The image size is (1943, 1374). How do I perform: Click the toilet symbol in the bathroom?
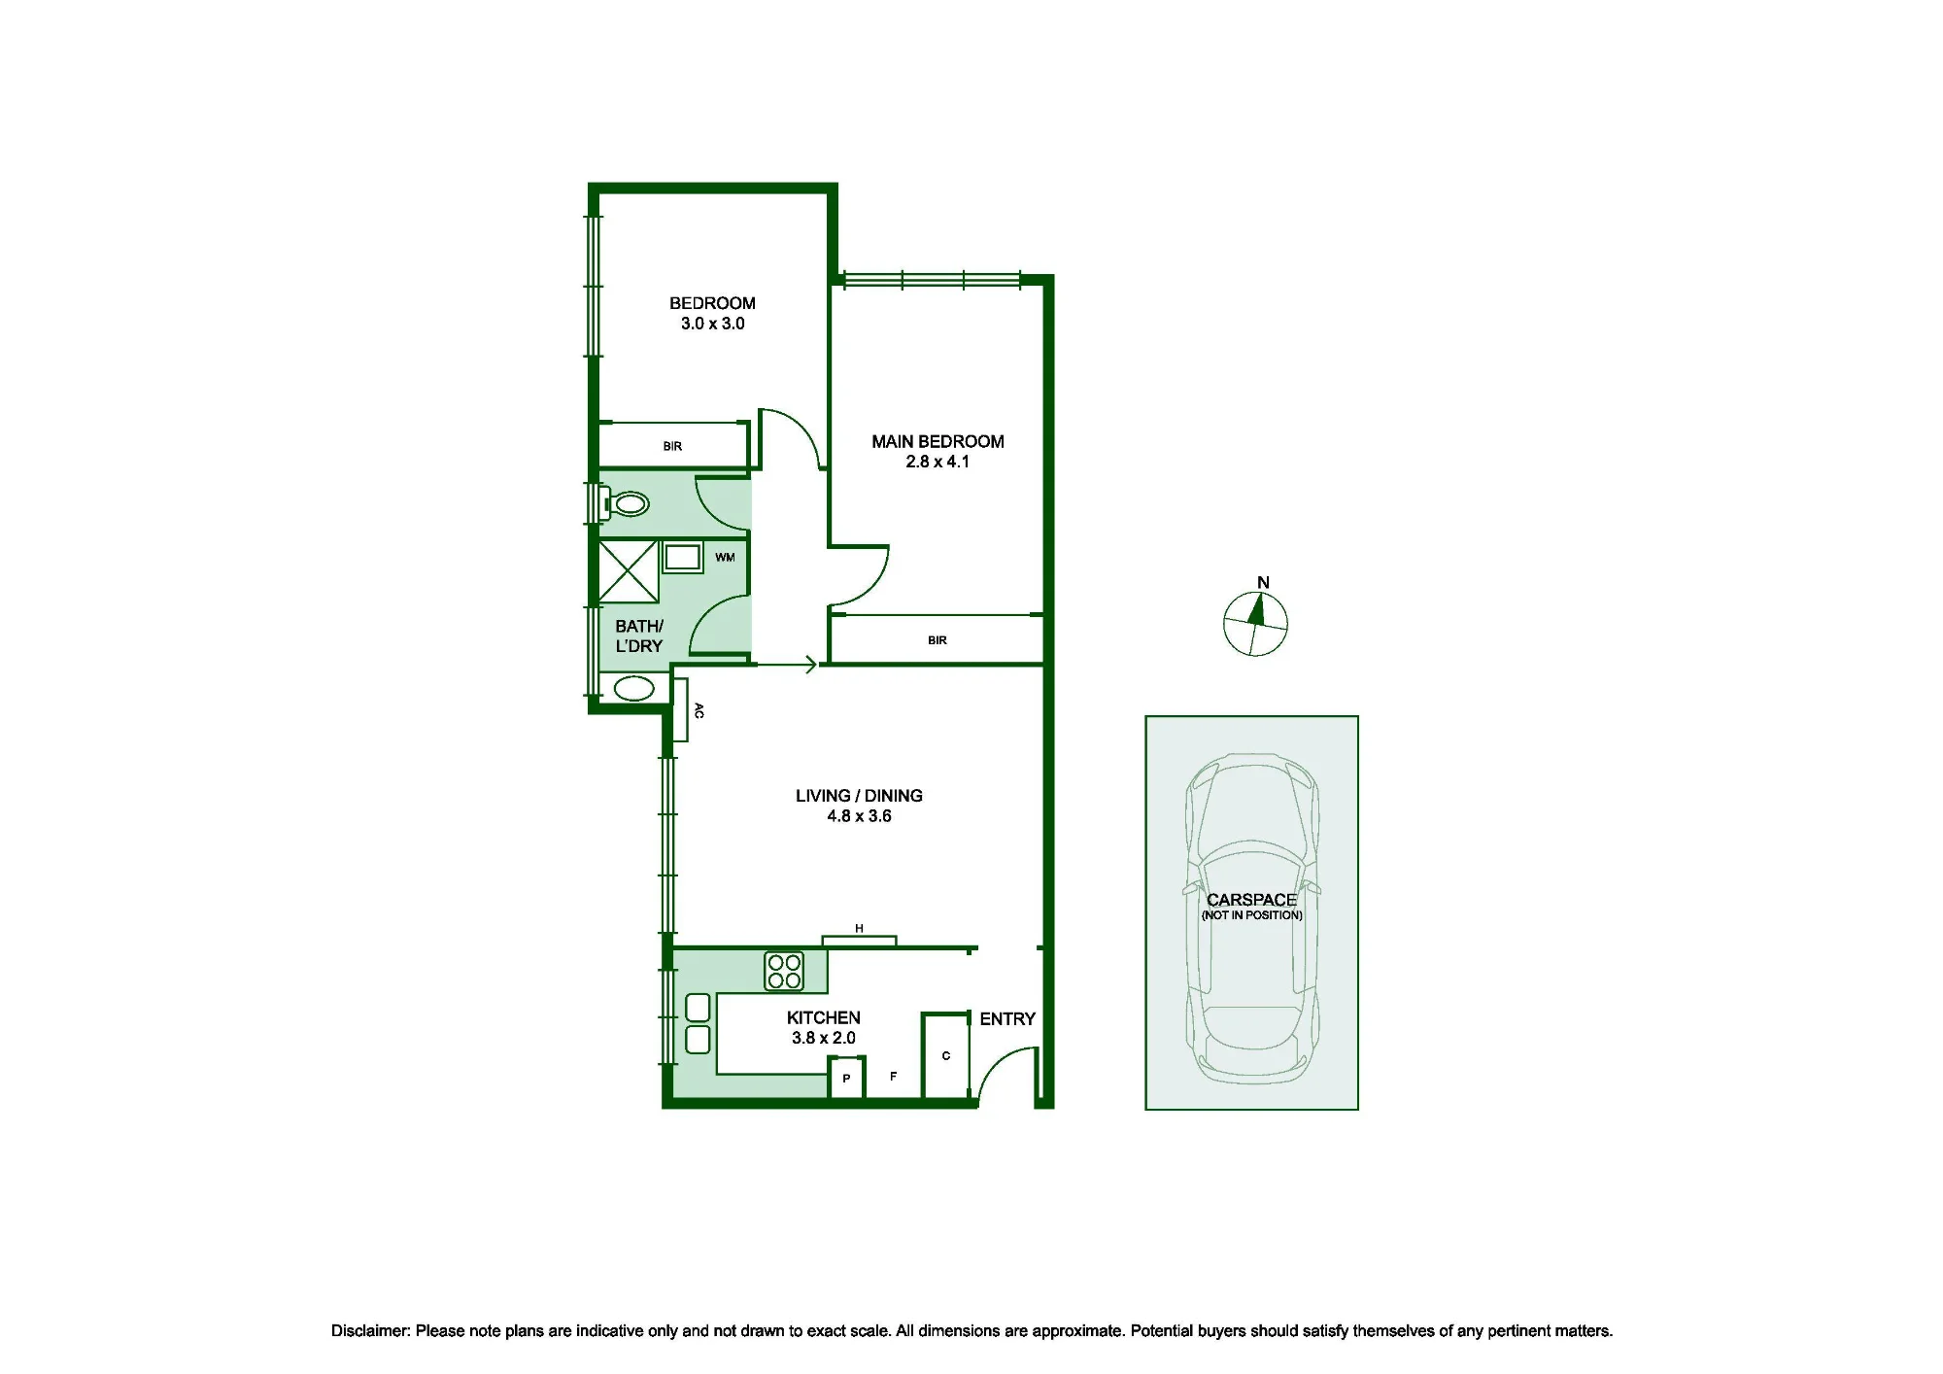(x=626, y=503)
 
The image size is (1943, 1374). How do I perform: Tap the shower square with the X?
(x=628, y=571)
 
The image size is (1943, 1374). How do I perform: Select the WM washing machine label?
(x=725, y=558)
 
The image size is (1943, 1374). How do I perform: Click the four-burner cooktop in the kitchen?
(x=784, y=971)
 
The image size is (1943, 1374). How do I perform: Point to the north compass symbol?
(x=1255, y=623)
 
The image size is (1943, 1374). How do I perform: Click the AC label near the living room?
(x=699, y=710)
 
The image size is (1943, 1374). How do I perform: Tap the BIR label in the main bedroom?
(x=937, y=640)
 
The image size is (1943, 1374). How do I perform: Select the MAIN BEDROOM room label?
(x=937, y=441)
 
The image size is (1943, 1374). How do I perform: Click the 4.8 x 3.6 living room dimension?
(x=859, y=816)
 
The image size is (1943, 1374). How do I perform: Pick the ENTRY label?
(x=1007, y=1018)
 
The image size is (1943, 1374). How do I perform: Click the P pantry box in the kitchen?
(x=846, y=1079)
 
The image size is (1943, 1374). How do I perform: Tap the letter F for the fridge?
(x=893, y=1077)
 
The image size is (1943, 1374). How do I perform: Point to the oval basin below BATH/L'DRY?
(x=633, y=689)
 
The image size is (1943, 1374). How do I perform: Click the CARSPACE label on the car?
(x=1251, y=900)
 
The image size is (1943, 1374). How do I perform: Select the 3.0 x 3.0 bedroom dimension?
(x=712, y=324)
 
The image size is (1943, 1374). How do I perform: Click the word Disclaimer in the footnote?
(x=370, y=1331)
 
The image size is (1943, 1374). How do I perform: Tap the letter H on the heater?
(x=859, y=929)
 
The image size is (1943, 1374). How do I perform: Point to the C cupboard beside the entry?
(x=946, y=1057)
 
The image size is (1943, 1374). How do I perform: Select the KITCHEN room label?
(x=823, y=1017)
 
